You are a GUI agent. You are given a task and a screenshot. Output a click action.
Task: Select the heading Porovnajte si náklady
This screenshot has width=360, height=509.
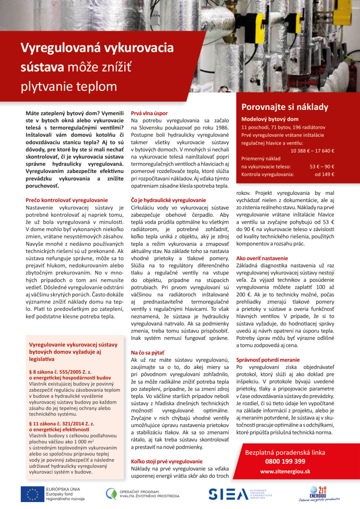point(285,107)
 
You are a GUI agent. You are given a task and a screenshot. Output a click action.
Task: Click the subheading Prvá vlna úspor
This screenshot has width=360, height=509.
point(149,114)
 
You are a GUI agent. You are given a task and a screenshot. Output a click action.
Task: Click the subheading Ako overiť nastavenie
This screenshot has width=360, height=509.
point(262,258)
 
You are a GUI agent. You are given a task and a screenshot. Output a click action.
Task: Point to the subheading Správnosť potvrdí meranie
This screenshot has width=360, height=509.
point(268,359)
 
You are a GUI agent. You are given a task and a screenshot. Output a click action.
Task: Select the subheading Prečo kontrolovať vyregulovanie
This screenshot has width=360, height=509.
point(67,200)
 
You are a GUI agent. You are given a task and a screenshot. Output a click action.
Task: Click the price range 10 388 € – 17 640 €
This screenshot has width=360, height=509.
point(312,151)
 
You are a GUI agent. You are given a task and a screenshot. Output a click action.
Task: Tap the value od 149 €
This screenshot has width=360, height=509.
point(324,174)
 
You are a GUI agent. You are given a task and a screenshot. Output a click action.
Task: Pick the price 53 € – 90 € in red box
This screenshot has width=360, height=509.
point(322,167)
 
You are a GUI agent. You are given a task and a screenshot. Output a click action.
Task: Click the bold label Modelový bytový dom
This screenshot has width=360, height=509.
point(270,119)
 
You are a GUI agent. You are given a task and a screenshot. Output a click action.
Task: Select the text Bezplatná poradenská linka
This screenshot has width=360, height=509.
point(285,453)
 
